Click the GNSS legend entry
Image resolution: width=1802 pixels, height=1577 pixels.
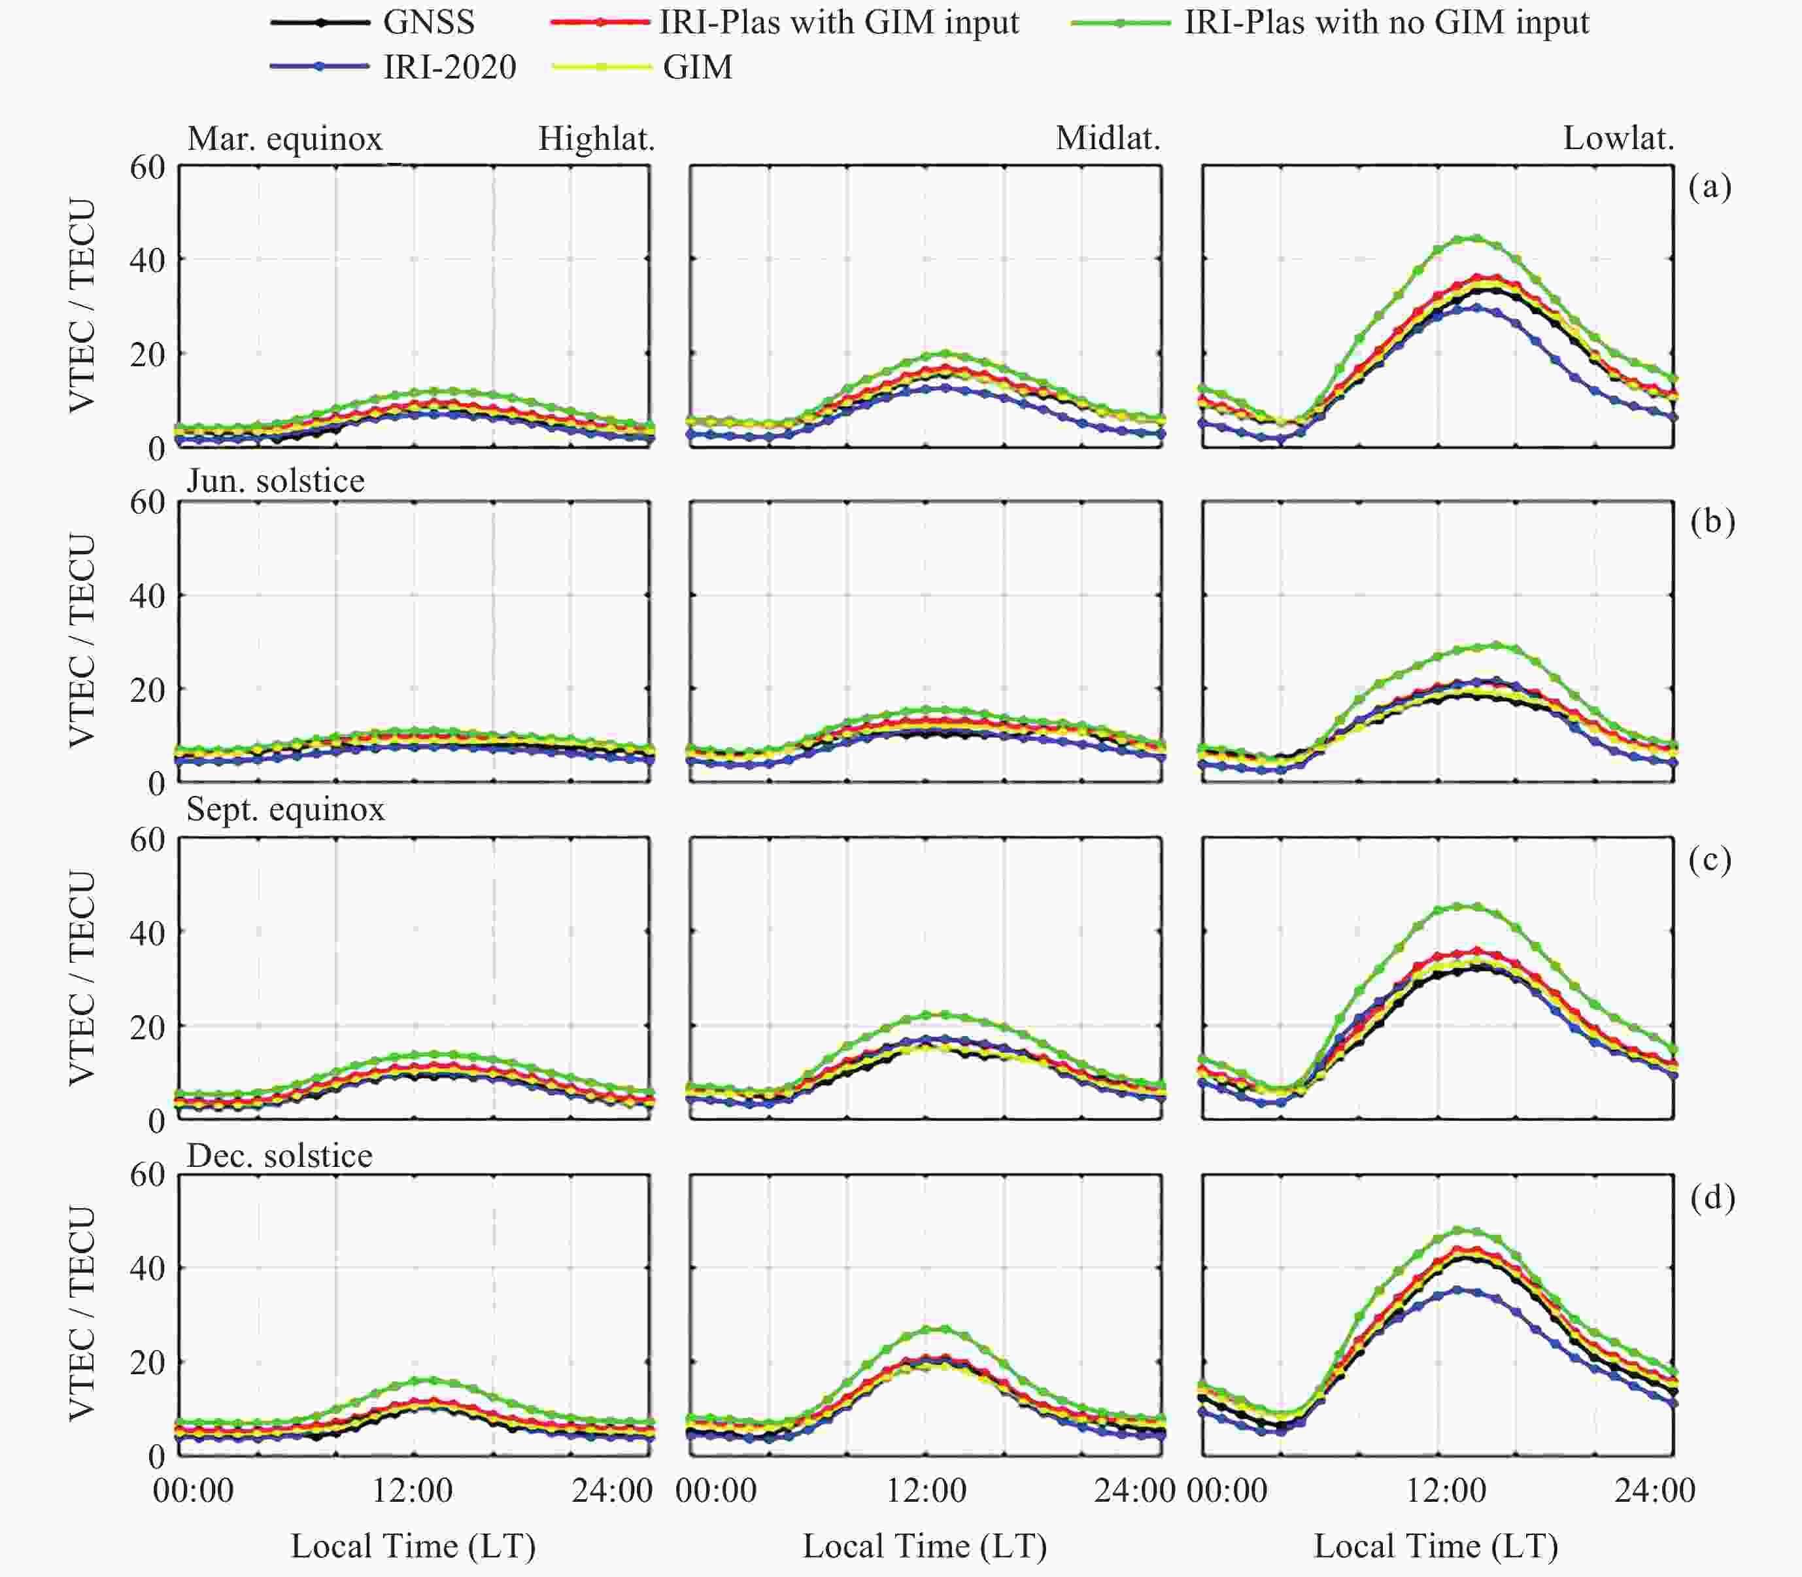428,22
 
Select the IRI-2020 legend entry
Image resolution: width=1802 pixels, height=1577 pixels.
449,67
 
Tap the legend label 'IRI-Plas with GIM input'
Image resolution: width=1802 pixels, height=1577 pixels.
838,22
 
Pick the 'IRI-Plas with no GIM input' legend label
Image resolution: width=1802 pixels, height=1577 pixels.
1385,22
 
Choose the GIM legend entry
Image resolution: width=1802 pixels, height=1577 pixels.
697,67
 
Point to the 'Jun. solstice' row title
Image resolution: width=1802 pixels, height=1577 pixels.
275,481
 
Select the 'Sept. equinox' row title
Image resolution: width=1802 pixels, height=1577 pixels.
285,808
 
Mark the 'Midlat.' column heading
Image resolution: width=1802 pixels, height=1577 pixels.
1108,138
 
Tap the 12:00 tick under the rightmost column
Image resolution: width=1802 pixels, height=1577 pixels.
1446,1490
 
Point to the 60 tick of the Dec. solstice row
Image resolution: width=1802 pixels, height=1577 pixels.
147,1175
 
